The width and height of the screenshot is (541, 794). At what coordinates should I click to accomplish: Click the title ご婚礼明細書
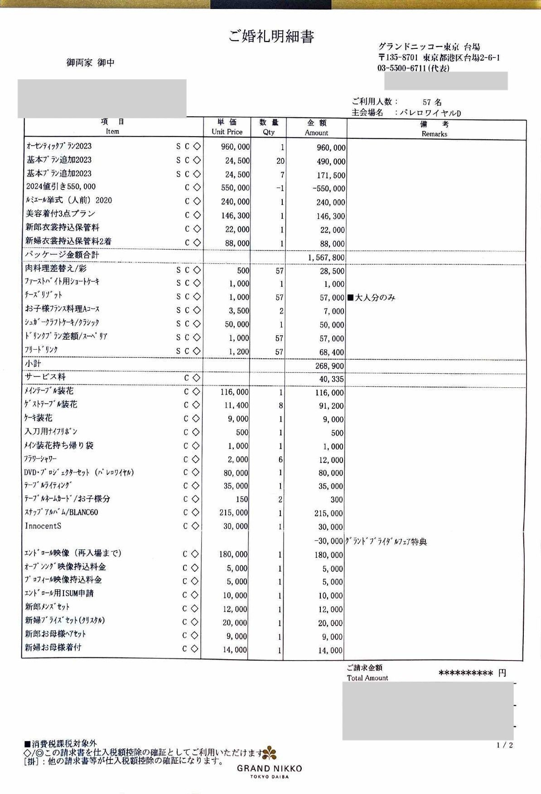[271, 36]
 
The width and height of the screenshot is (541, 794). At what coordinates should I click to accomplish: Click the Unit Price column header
[227, 127]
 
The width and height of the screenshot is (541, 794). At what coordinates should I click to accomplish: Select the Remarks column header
[434, 129]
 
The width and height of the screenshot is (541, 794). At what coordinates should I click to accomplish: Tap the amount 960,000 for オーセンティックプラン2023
[330, 148]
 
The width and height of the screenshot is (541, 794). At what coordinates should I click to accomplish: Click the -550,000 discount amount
[328, 189]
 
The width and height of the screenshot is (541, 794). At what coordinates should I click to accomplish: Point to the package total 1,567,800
[326, 257]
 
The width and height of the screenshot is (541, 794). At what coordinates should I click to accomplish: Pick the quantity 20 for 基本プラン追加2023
[280, 161]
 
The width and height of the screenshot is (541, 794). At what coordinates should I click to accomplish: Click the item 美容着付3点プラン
[60, 214]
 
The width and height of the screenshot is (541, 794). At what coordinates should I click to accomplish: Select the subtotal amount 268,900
[329, 366]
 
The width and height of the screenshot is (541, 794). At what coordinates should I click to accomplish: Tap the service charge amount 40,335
[331, 379]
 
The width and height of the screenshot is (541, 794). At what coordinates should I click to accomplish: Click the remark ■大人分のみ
[371, 297]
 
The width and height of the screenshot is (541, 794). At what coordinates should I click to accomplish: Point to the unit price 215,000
[234, 513]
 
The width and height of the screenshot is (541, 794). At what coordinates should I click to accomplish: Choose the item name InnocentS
[43, 526]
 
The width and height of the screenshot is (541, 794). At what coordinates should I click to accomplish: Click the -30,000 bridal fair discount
[328, 541]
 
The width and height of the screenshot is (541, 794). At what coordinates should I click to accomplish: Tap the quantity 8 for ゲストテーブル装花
[281, 405]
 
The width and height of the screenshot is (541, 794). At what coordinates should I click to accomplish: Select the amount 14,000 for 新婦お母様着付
[330, 650]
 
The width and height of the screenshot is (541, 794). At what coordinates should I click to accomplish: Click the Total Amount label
[367, 678]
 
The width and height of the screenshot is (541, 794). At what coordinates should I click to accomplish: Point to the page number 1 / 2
[504, 745]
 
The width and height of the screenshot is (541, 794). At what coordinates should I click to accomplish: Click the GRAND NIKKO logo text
[269, 768]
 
